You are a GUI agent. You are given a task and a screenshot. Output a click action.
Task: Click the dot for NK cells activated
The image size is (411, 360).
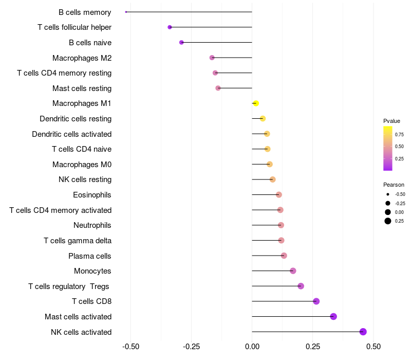point(363,332)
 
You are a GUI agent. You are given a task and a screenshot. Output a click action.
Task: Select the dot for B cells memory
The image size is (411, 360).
point(126,12)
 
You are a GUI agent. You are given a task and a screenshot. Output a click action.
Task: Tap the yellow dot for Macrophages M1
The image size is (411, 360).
point(256,103)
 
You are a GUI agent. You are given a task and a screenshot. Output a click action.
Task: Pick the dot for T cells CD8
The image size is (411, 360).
point(316,301)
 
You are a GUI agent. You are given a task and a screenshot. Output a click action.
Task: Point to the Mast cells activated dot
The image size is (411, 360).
point(333,316)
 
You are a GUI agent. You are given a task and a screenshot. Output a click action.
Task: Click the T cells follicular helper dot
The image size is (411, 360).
point(170,27)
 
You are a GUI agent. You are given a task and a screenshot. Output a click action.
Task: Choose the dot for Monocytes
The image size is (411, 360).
point(293,271)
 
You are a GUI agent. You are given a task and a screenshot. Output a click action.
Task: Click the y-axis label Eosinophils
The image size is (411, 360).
point(92,195)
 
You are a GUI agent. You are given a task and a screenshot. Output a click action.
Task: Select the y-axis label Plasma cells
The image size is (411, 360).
point(90,256)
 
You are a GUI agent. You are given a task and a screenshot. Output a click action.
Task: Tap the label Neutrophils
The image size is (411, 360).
point(92,225)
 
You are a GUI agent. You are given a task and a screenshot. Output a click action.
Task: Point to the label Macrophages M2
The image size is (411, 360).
point(82,58)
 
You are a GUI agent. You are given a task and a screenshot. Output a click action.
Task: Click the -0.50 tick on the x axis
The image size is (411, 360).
point(131,347)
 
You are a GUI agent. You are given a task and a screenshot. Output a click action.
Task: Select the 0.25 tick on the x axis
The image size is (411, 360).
point(313,347)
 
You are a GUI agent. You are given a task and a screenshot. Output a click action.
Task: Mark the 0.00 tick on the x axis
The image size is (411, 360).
point(252,347)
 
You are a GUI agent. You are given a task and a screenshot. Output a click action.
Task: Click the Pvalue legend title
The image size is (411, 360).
point(391,121)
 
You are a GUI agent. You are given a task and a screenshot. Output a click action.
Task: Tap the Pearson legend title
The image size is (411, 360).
point(394,185)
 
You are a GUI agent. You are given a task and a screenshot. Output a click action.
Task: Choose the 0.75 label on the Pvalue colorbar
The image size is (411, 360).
point(399,134)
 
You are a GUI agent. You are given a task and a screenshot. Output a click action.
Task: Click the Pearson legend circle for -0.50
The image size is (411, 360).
point(388,194)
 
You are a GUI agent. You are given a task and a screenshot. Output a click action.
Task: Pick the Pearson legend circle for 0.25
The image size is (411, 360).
point(388,221)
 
